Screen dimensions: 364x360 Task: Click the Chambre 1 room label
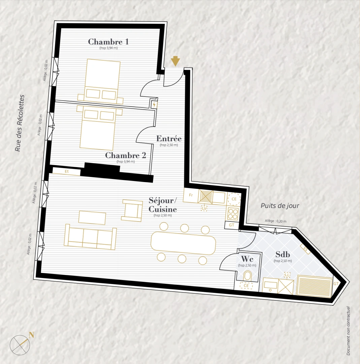coord(108,42)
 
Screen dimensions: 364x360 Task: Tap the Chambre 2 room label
coord(126,156)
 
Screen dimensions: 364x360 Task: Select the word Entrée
coord(169,139)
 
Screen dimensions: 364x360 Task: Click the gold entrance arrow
coord(175,61)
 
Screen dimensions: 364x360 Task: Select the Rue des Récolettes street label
coord(21,123)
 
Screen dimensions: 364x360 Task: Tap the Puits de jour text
coord(280,206)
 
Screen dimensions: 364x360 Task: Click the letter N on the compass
coord(31,335)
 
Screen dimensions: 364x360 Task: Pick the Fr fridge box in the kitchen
coord(191,195)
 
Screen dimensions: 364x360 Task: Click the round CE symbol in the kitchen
coord(233,199)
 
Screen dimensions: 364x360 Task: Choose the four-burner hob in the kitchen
coord(233,213)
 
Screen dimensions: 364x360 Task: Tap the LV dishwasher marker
coord(204,209)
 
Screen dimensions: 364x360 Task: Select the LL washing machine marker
coord(287,275)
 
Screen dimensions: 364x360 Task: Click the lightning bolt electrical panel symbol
coord(154,105)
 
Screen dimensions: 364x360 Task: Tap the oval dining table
coord(183,243)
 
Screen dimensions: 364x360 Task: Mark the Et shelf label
coord(67,172)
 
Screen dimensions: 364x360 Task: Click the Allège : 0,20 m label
coord(275,221)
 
